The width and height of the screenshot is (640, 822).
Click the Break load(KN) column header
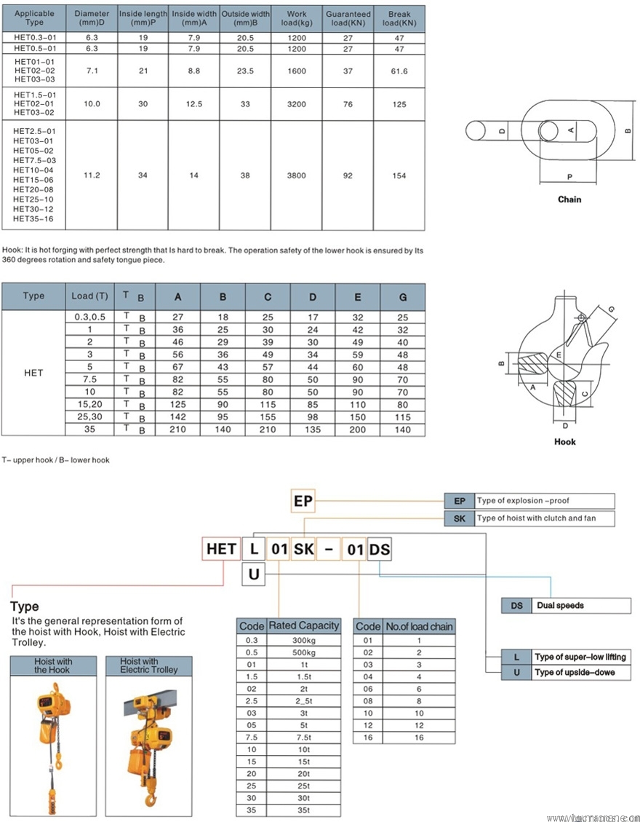point(399,18)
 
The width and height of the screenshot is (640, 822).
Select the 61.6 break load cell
point(399,71)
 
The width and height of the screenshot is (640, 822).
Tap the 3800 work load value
point(296,175)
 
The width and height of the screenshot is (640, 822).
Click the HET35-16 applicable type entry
point(33,219)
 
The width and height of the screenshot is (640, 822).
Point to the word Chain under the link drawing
point(569,199)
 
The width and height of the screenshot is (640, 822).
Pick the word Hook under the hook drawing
point(565,441)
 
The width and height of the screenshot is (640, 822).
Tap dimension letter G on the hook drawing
point(611,309)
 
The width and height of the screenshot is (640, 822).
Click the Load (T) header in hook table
point(89,296)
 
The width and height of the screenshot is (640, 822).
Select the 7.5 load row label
point(89,379)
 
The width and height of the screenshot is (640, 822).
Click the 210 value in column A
point(177,429)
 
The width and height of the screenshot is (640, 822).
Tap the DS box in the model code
point(380,549)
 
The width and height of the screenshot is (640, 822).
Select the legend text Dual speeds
point(560,605)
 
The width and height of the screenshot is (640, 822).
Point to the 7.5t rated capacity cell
point(303,736)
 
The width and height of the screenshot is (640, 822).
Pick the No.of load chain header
point(419,626)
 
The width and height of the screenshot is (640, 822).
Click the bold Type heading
point(25,606)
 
